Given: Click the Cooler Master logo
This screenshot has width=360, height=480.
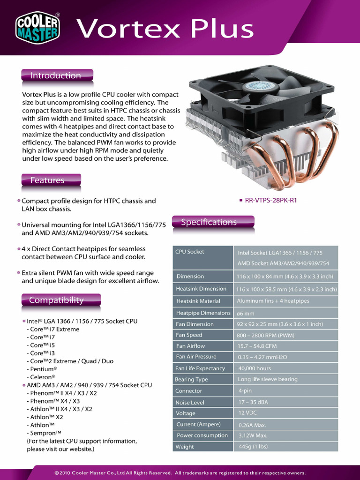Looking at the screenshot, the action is pyautogui.click(x=38, y=27).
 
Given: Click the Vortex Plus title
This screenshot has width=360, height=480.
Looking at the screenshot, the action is pyautogui.click(x=165, y=29).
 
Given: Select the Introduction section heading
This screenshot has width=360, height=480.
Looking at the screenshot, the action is pyautogui.click(x=56, y=75).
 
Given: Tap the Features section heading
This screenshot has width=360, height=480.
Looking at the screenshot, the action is pyautogui.click(x=48, y=180).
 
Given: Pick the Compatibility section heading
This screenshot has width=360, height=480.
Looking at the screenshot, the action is pyautogui.click(x=57, y=300).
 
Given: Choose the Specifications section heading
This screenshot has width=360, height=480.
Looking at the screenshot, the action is pyautogui.click(x=209, y=222).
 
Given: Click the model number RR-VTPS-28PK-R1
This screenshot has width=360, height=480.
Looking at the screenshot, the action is pyautogui.click(x=271, y=200).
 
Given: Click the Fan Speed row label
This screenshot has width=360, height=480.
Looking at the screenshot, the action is pyautogui.click(x=189, y=335).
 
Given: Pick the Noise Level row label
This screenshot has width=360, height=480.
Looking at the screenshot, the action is pyautogui.click(x=190, y=403).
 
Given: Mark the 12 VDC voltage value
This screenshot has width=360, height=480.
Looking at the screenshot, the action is pyautogui.click(x=247, y=413).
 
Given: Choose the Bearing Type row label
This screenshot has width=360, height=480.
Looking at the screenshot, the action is pyautogui.click(x=191, y=380).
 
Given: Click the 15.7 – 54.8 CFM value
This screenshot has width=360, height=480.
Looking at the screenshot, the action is pyautogui.click(x=257, y=346).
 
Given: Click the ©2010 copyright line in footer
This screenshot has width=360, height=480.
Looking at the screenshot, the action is pyautogui.click(x=180, y=473).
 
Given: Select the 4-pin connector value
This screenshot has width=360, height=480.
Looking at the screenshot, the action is pyautogui.click(x=245, y=390).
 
